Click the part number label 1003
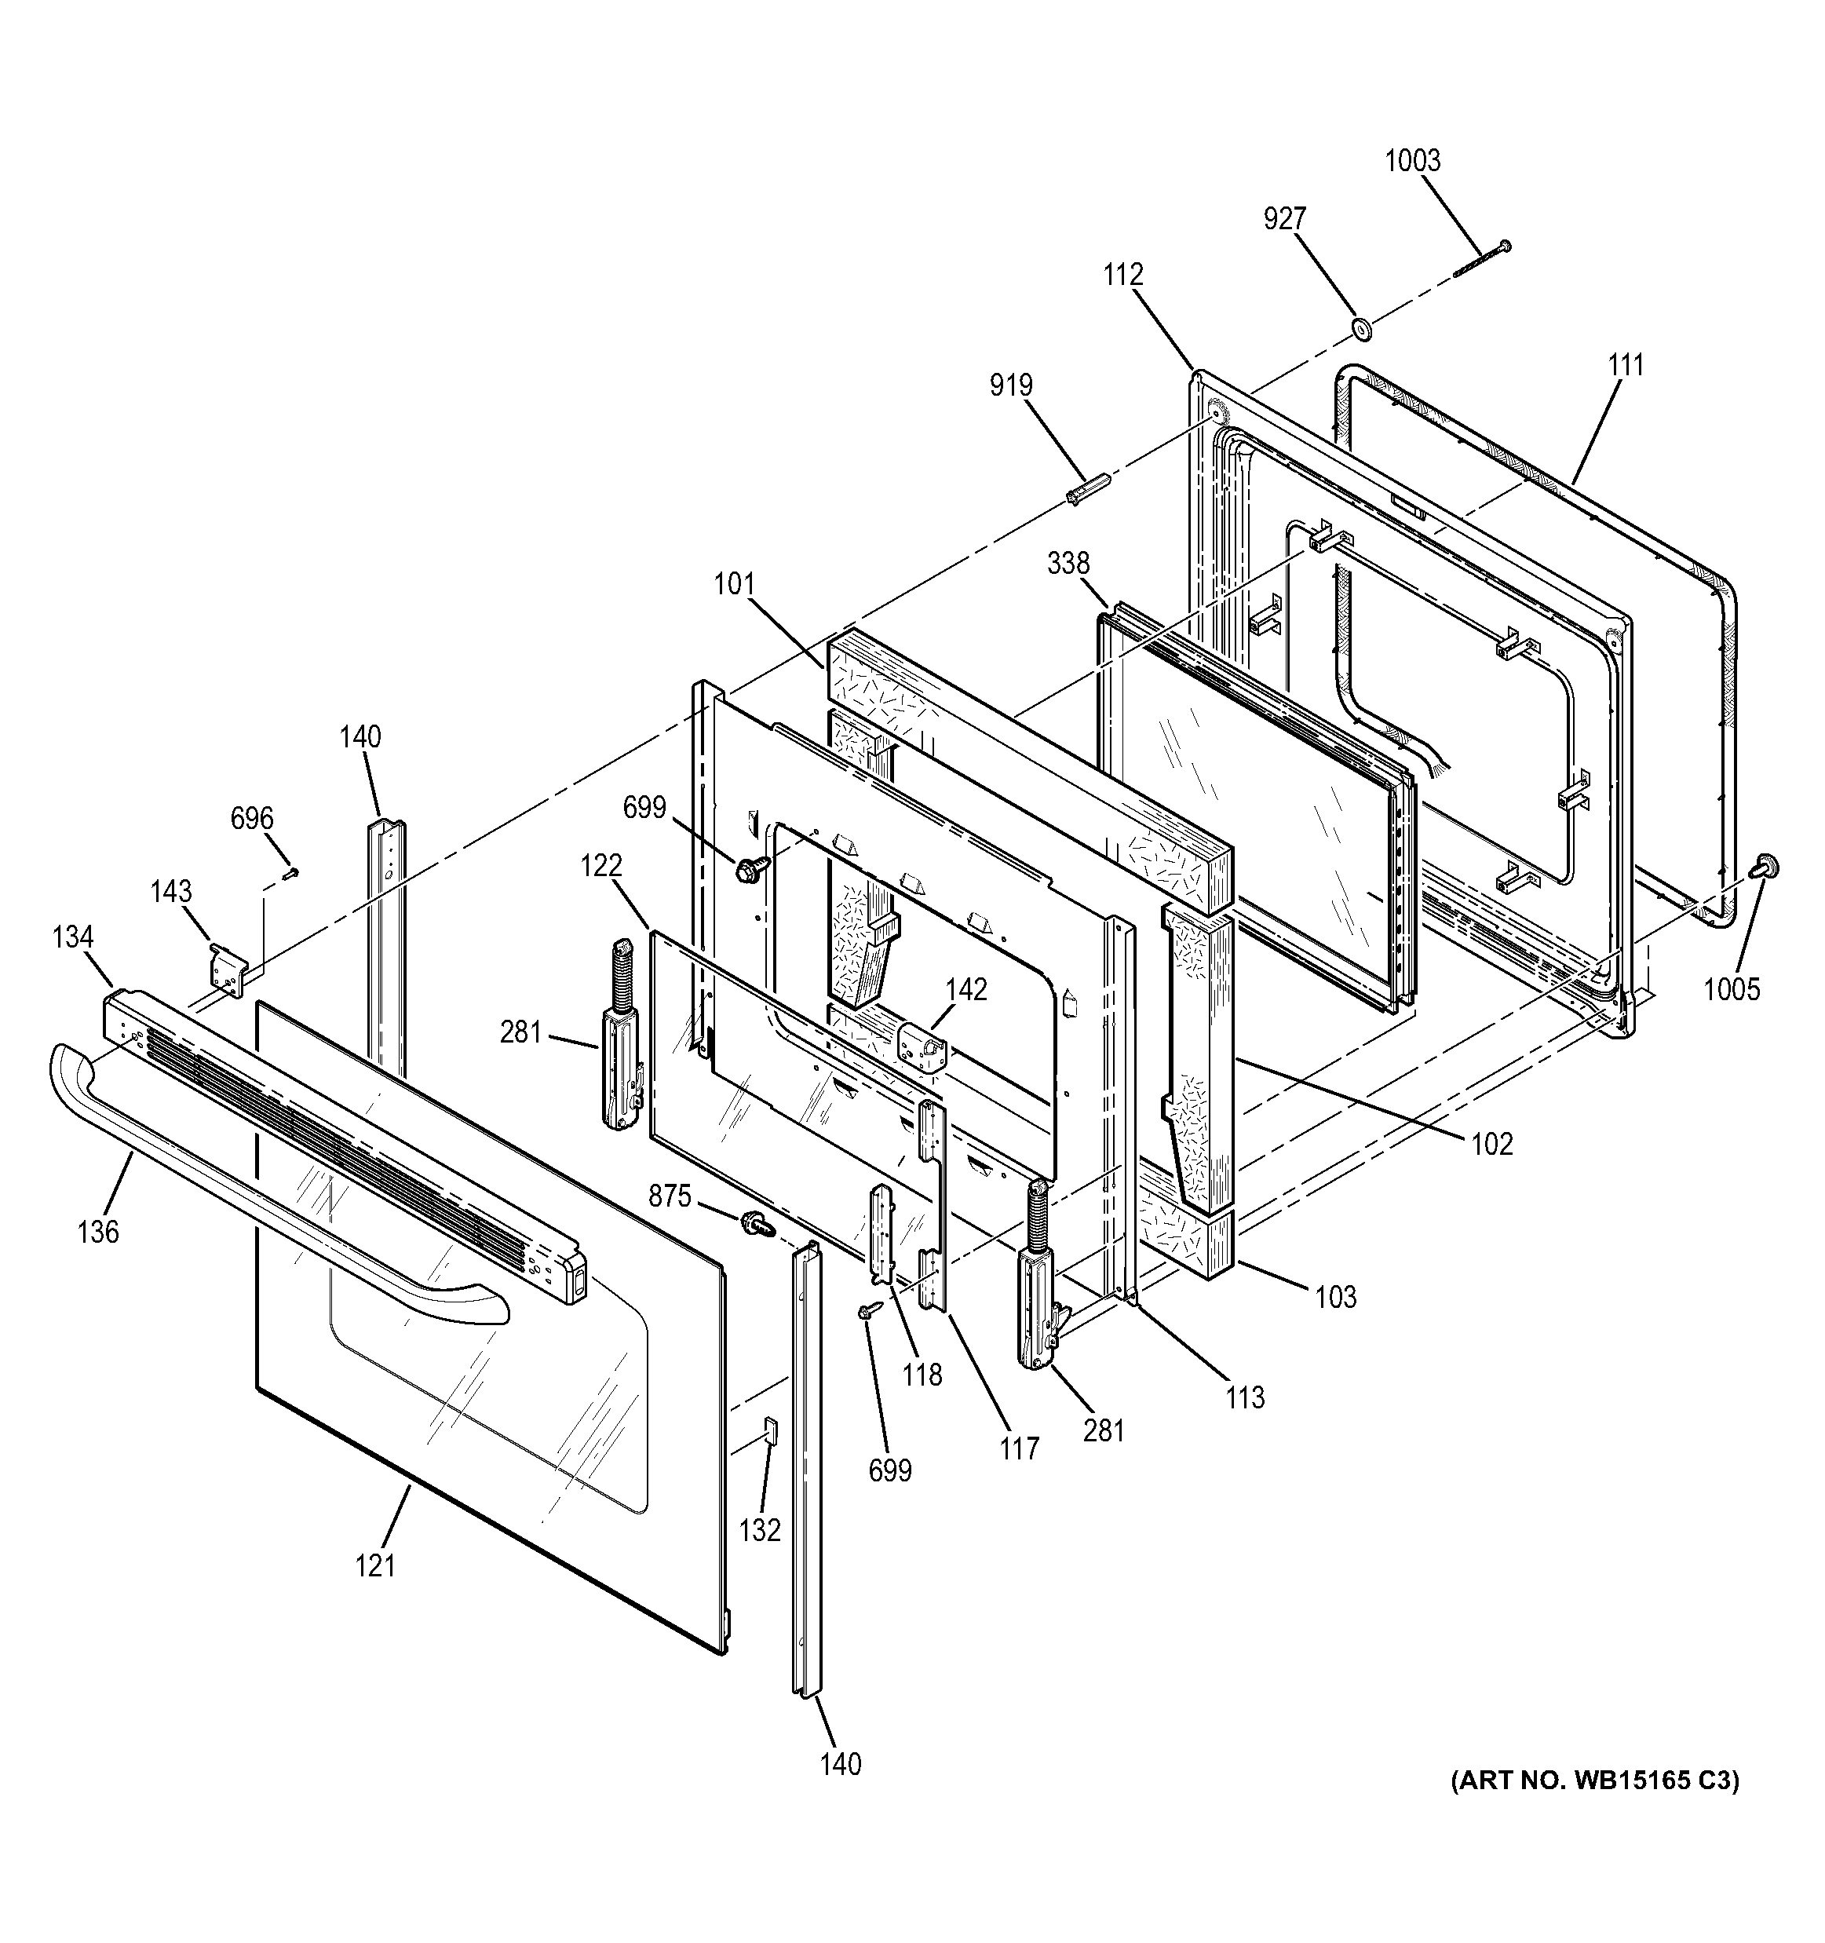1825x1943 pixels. (x=1412, y=161)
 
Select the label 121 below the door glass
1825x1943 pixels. (x=375, y=1565)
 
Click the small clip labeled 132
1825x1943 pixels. (x=769, y=1431)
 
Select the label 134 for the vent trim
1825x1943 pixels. (x=73, y=937)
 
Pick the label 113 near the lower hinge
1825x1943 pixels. (x=1245, y=1397)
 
